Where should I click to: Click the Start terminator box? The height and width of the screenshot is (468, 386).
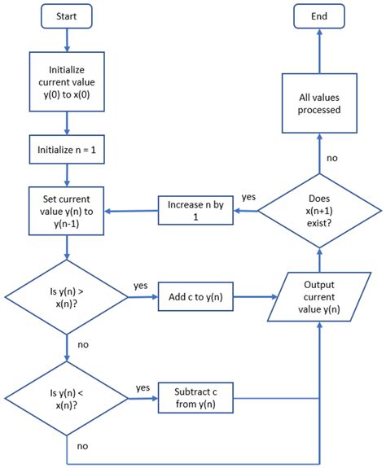[66, 17]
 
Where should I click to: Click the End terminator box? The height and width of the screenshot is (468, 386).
[319, 17]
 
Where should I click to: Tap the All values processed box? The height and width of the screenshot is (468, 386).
[319, 103]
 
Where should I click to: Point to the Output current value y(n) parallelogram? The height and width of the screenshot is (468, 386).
[319, 296]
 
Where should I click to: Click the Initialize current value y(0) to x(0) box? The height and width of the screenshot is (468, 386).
[66, 81]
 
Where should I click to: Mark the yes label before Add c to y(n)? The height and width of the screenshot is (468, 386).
[140, 286]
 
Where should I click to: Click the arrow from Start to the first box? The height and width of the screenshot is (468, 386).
[66, 39]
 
